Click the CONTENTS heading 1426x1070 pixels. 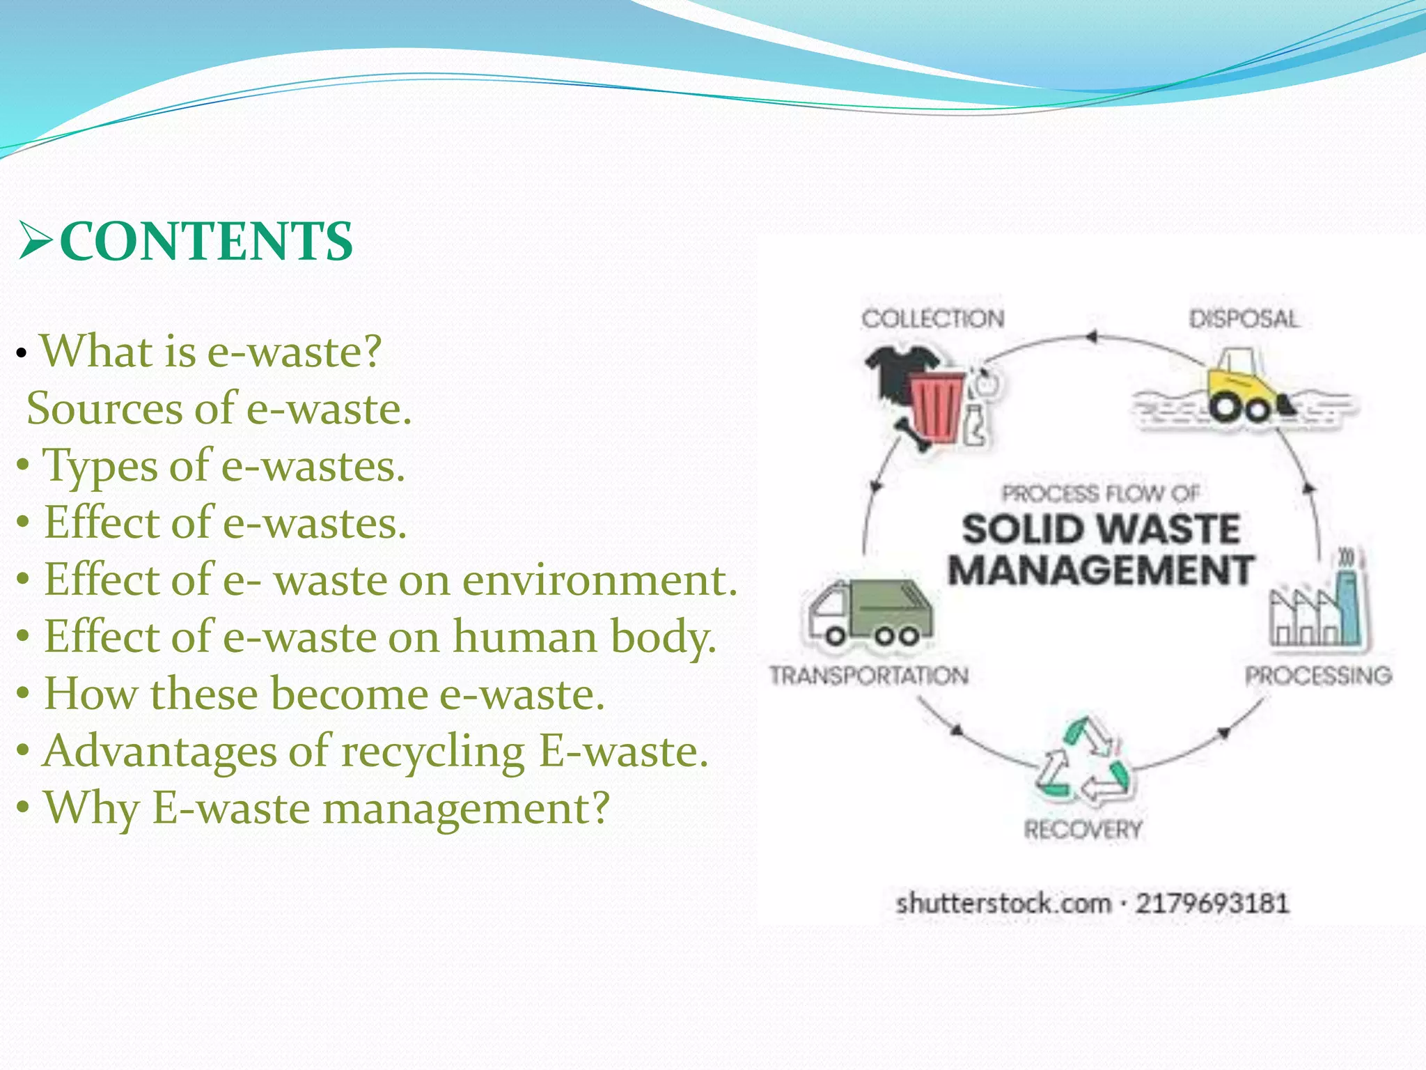pos(206,242)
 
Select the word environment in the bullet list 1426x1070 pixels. pos(598,580)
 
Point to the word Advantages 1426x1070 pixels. pos(159,751)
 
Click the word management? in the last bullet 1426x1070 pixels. pos(467,808)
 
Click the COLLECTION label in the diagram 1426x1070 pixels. pos(933,319)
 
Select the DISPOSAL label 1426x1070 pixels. pos(1244,319)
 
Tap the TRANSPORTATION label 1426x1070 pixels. pos(869,675)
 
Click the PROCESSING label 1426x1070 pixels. pos(1318,675)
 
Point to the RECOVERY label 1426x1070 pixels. pos(1083,829)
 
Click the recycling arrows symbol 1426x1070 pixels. pos(1083,763)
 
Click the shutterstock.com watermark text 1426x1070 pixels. pos(1003,904)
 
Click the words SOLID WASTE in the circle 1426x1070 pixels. pos(1100,529)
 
